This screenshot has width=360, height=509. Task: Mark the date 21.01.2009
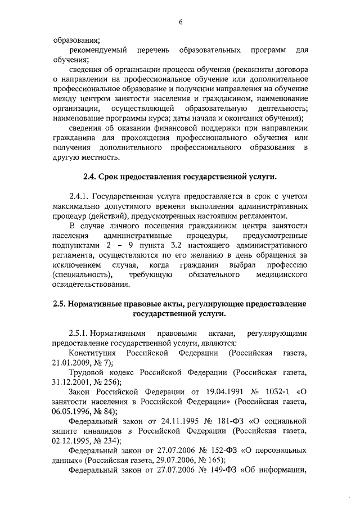[70, 363]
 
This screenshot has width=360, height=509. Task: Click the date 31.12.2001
[70, 382]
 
